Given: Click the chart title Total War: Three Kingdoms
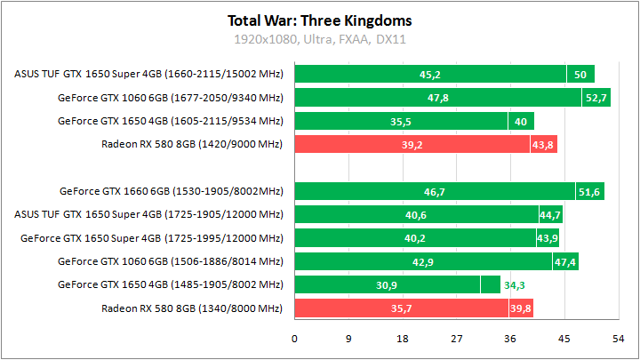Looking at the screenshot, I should [x=320, y=20].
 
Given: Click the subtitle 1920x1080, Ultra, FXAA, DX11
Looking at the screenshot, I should [x=320, y=39].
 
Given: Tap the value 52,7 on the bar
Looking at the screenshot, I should [x=596, y=98].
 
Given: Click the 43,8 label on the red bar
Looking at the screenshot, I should [x=543, y=145].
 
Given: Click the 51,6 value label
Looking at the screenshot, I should [x=589, y=191].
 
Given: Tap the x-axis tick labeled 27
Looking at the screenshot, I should [x=456, y=339].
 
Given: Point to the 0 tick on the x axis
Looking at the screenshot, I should [x=295, y=339].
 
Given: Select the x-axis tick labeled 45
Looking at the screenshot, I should [x=564, y=339].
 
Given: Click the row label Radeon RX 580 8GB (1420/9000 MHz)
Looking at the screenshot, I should [x=193, y=144].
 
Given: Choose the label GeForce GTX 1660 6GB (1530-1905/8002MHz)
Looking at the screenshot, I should [x=171, y=190].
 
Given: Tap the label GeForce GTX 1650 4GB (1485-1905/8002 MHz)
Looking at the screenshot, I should [x=170, y=284].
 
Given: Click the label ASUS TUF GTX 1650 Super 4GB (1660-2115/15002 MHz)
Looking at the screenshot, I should [x=148, y=75].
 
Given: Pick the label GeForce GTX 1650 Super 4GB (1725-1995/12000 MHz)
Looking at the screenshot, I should [x=151, y=237].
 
